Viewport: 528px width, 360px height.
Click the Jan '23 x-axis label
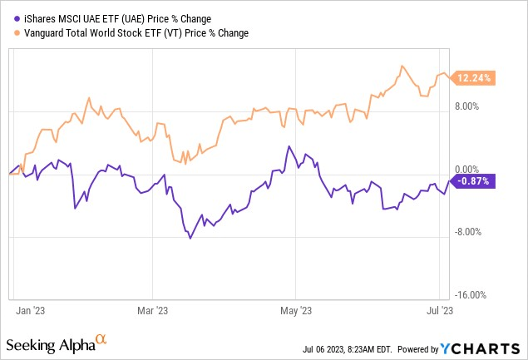pos(31,310)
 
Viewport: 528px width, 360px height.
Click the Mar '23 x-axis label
pos(151,310)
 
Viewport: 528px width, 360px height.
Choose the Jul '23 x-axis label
pos(441,310)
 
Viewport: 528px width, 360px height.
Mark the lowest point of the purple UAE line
pos(190,239)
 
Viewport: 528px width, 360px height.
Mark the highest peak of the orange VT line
pos(402,67)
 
